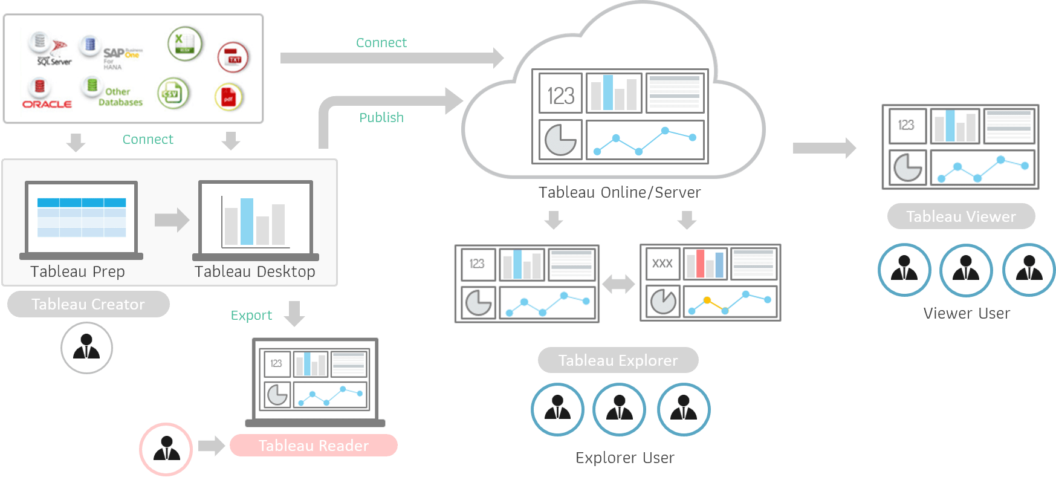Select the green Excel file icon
[x=184, y=44]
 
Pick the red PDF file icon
[x=228, y=97]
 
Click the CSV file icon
[x=173, y=94]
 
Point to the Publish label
[x=381, y=117]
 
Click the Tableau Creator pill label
[x=88, y=304]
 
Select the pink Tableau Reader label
[x=313, y=446]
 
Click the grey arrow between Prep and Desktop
[x=172, y=220]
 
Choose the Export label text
[x=251, y=316]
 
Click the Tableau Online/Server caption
[x=619, y=192]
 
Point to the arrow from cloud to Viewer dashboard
[x=824, y=148]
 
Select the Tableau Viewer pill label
[x=960, y=216]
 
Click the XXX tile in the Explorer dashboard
[x=662, y=264]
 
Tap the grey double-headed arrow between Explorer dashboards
[x=618, y=284]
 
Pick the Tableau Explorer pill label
[x=618, y=360]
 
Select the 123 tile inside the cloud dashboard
[x=560, y=94]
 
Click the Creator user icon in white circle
[x=86, y=348]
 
